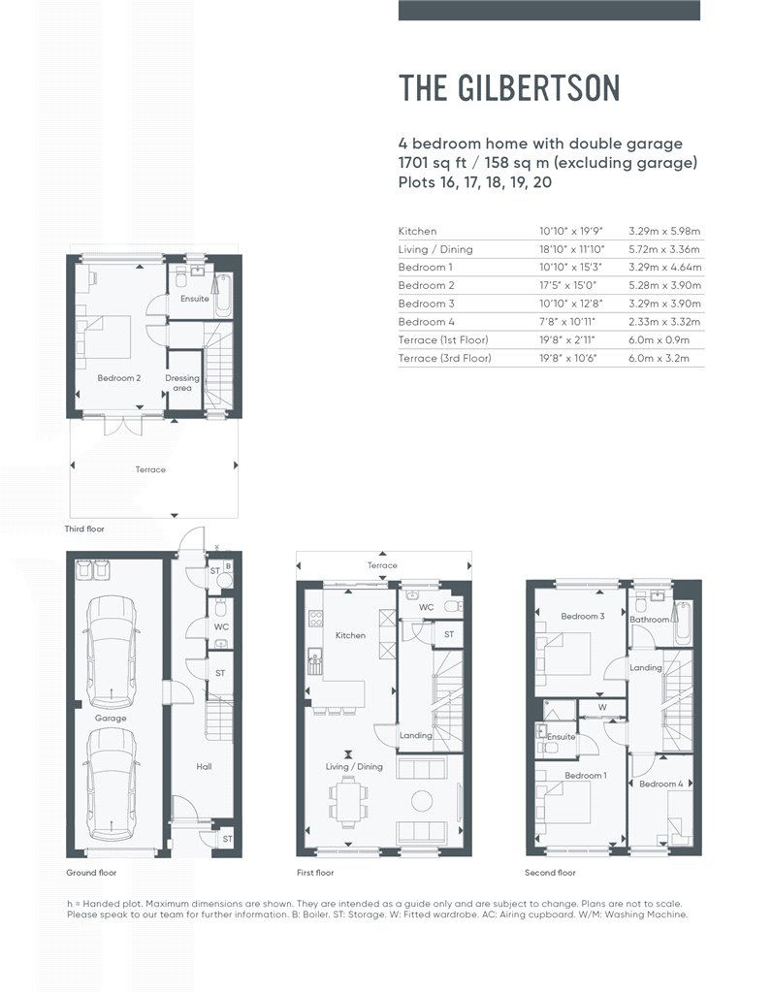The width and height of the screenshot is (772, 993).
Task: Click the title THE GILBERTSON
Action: (x=509, y=88)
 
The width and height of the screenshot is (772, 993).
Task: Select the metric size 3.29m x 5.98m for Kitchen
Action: (x=664, y=231)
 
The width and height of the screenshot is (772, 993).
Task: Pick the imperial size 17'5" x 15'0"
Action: (x=568, y=286)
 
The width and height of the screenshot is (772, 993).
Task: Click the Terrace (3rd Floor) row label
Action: (x=444, y=358)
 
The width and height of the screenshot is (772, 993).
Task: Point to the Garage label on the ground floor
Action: (x=111, y=719)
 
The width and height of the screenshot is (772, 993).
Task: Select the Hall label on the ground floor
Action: (x=204, y=766)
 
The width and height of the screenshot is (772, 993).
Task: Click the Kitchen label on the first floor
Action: (x=350, y=635)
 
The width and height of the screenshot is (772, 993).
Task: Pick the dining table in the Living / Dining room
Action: (x=347, y=803)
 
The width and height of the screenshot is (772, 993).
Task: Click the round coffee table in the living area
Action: (x=422, y=802)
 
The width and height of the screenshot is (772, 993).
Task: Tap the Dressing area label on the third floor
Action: (x=182, y=383)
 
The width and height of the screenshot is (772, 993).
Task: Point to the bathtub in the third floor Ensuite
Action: (x=223, y=295)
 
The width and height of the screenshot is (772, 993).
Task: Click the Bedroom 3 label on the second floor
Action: (x=583, y=616)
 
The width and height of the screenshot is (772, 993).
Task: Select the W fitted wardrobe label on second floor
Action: (x=602, y=707)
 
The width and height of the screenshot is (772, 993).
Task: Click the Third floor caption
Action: (x=84, y=529)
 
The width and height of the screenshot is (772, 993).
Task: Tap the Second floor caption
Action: (x=550, y=873)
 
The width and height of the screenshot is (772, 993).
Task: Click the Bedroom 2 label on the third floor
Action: (x=119, y=378)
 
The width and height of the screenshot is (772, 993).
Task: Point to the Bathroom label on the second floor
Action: (x=650, y=620)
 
